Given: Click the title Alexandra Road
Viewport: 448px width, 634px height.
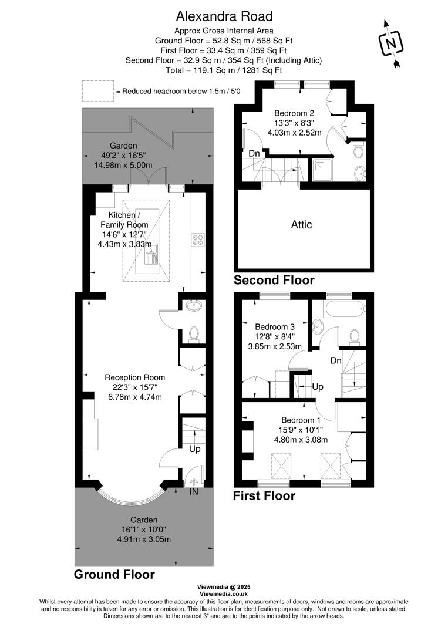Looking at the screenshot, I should pyautogui.click(x=224, y=16).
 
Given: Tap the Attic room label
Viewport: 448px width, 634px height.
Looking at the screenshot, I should pyautogui.click(x=302, y=224).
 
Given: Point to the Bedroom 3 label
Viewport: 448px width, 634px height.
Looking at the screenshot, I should pyautogui.click(x=274, y=326).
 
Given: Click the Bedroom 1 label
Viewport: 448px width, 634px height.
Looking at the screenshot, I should pyautogui.click(x=301, y=420).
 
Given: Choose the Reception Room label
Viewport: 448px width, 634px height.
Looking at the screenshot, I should pyautogui.click(x=134, y=377).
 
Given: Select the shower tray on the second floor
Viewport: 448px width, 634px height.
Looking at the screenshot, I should pyautogui.click(x=322, y=170).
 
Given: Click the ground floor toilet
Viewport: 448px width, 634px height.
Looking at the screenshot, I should pyautogui.click(x=194, y=334).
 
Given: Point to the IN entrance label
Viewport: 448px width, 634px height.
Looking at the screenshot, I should pyautogui.click(x=194, y=491).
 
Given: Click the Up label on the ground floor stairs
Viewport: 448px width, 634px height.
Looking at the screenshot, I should pyautogui.click(x=194, y=448).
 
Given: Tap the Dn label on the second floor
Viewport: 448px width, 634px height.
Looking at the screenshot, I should pyautogui.click(x=254, y=153).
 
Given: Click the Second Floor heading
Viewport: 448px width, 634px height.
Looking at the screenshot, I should pyautogui.click(x=274, y=280).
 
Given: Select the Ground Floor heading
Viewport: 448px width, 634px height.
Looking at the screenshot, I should pyautogui.click(x=114, y=575).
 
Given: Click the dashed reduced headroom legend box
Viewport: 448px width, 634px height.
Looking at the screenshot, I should pyautogui.click(x=97, y=92).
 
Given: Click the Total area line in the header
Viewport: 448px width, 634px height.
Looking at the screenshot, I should pyautogui.click(x=224, y=70).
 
